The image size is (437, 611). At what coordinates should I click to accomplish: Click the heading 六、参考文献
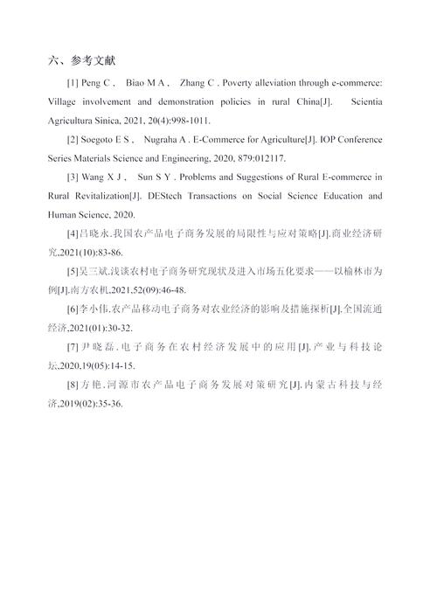[88, 61]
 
